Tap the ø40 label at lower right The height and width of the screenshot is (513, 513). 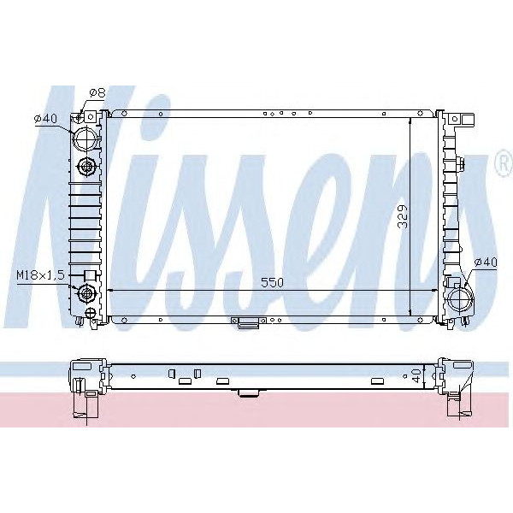(485, 262)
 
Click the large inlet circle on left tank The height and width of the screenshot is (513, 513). (85, 138)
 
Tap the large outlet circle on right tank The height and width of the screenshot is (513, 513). (459, 300)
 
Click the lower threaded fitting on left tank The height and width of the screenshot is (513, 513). (86, 295)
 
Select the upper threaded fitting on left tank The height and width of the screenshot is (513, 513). (86, 166)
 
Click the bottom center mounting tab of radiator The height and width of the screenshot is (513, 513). (247, 322)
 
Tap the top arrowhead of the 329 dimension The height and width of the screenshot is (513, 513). (411, 117)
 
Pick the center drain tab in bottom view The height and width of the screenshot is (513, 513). (248, 393)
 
